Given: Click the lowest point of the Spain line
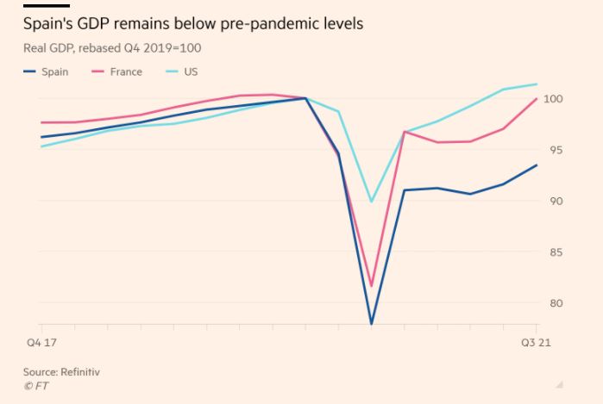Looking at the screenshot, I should [x=372, y=324].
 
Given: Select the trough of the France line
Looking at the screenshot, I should [x=372, y=286].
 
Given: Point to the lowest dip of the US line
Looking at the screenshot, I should [x=372, y=202].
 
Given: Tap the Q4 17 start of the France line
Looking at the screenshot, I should [x=41, y=122].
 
